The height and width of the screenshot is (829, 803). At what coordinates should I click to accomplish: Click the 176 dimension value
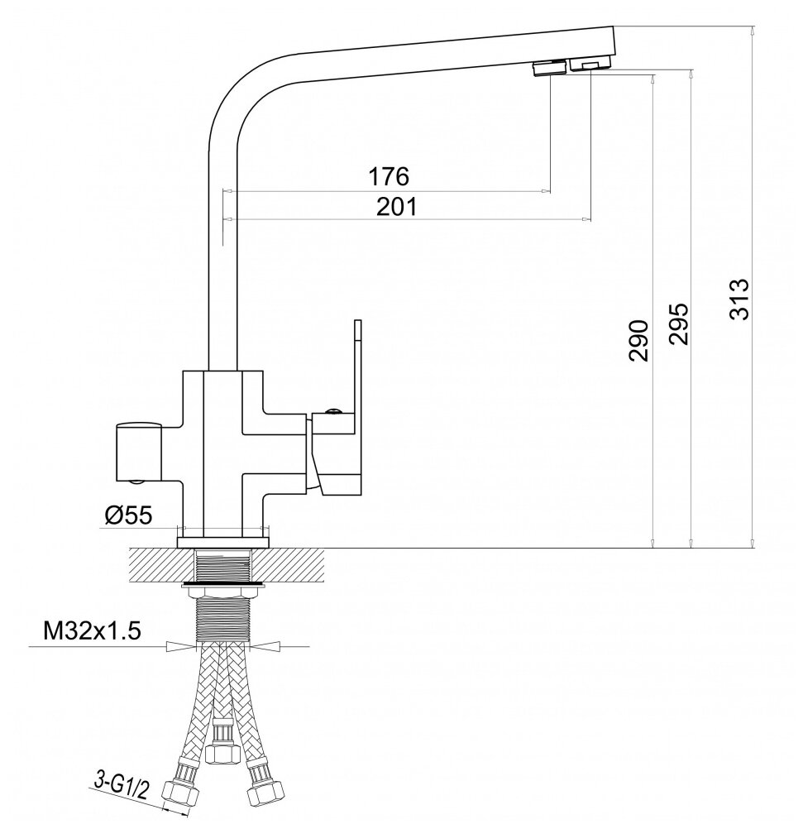coord(388,176)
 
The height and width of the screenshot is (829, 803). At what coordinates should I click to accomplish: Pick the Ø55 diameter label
coord(129,515)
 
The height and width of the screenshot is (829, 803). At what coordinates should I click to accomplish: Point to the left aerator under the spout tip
coord(548,68)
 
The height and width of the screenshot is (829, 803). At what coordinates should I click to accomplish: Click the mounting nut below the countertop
coord(224,587)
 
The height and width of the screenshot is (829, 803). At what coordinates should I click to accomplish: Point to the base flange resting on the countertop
coord(224,543)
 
